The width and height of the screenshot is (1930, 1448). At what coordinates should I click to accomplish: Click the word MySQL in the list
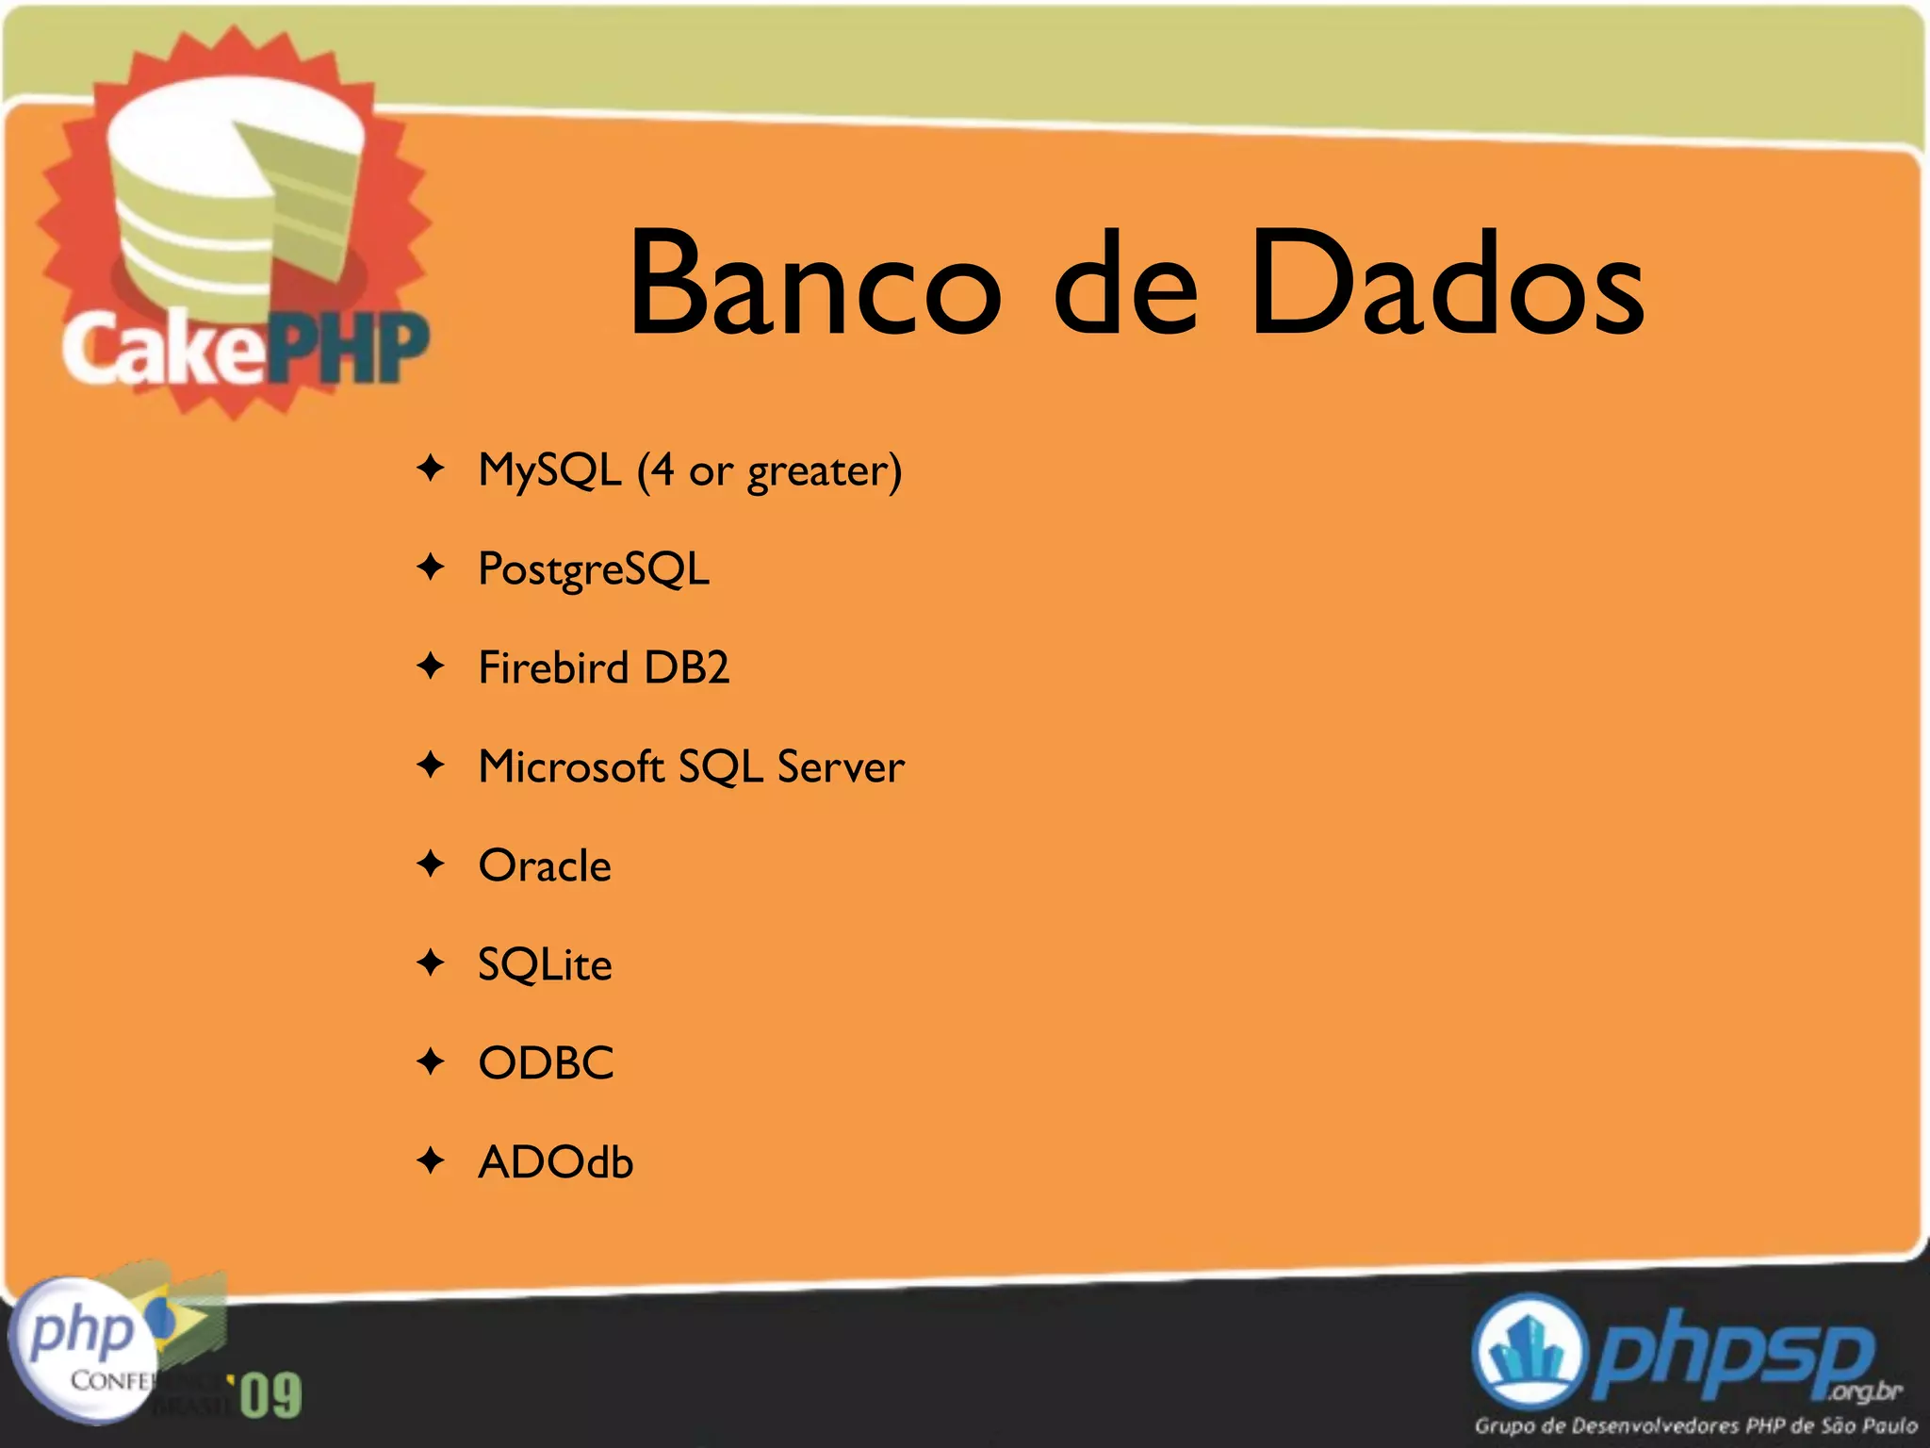(549, 469)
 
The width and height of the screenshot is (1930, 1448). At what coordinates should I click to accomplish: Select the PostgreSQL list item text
(594, 569)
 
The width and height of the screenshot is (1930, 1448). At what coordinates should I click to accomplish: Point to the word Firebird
(553, 667)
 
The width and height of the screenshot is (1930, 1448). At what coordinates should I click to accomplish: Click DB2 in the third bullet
(686, 667)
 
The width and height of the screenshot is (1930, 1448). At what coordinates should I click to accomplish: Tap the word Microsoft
(571, 766)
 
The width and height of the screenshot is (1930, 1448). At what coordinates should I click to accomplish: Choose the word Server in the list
(841, 766)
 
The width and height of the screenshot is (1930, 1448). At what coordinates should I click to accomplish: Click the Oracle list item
(545, 865)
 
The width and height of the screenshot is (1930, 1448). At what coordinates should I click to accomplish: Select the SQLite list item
(545, 964)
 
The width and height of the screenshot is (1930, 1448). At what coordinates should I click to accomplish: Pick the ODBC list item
(546, 1063)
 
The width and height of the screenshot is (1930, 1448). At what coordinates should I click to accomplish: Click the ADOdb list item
(555, 1162)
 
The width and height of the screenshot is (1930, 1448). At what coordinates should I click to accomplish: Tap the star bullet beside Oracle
(431, 864)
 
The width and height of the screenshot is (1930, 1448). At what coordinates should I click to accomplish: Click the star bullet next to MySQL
(431, 468)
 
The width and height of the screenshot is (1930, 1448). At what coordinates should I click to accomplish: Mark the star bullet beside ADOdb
(431, 1160)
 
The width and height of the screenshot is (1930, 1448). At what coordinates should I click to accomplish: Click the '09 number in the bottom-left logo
(270, 1395)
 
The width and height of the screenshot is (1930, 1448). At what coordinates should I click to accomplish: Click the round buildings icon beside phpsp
(1527, 1353)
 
